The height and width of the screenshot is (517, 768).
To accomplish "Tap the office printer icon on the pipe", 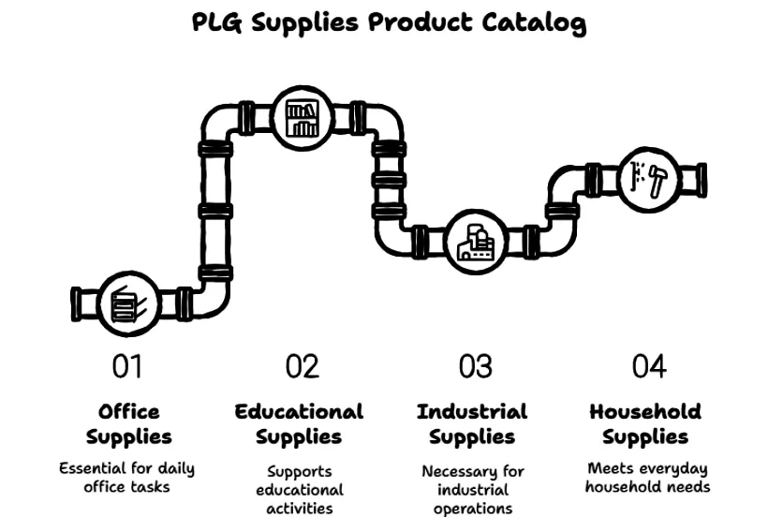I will [x=125, y=304].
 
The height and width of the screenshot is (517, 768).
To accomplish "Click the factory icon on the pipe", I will [x=474, y=242].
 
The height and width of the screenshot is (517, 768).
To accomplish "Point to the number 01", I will [x=127, y=366].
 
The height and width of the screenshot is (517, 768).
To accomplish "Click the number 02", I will [x=302, y=366].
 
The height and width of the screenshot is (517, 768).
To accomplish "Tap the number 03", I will [x=475, y=366].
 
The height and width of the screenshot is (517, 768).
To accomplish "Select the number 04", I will [x=648, y=366].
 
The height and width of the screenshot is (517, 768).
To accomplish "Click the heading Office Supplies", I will [x=129, y=424].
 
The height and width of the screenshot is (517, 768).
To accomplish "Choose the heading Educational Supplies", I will [x=299, y=424].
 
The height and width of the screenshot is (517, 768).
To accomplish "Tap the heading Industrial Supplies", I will [x=472, y=424].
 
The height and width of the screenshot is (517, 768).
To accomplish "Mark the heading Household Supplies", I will [x=645, y=424].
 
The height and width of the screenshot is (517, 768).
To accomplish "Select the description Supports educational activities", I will [x=300, y=490].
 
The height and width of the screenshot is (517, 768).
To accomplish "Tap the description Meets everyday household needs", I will [x=646, y=477].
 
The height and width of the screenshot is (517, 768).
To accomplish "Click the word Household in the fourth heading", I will [x=645, y=411].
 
